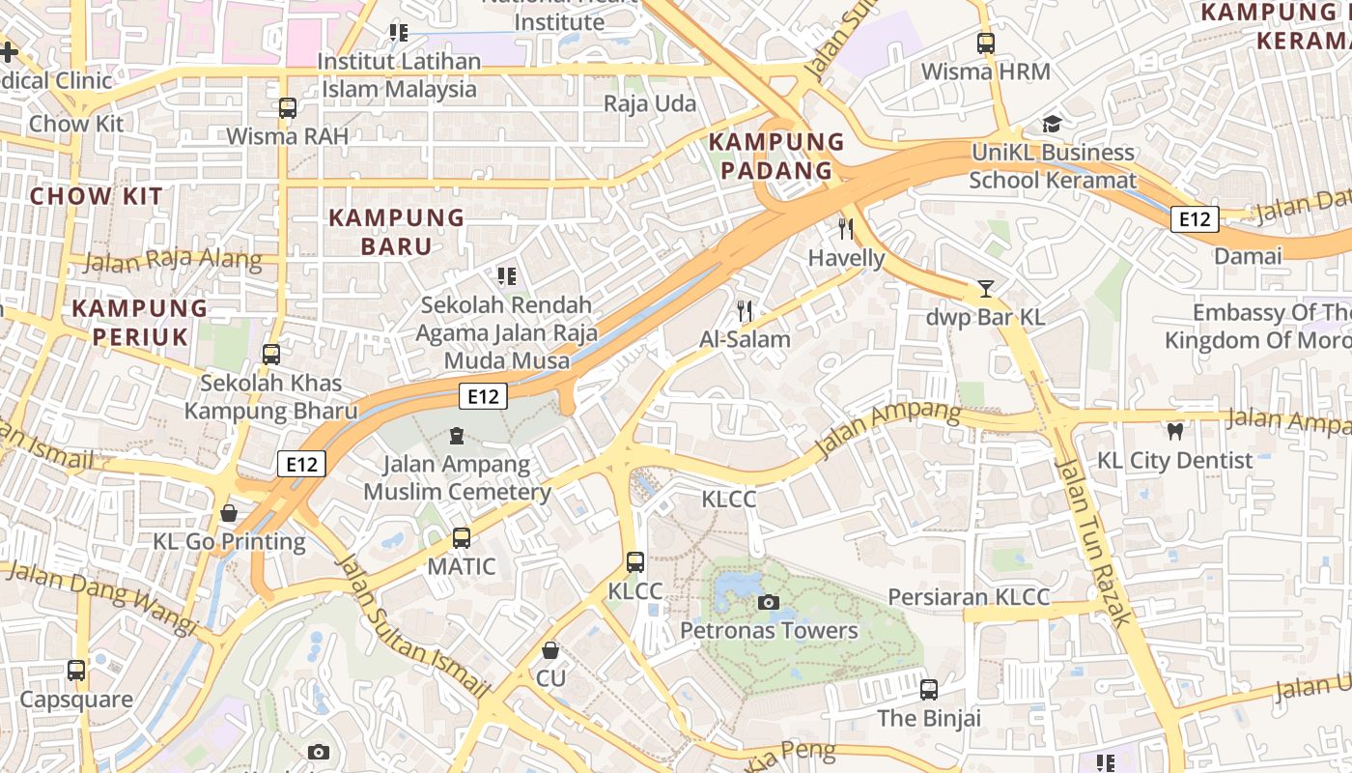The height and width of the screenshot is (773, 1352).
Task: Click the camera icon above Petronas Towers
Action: (x=769, y=603)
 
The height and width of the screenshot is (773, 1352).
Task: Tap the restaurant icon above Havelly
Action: (x=846, y=229)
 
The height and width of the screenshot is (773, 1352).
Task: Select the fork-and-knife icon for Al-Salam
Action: (x=744, y=311)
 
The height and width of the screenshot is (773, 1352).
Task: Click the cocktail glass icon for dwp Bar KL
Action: (x=985, y=288)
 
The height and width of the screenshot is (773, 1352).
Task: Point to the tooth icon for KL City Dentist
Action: (x=1175, y=432)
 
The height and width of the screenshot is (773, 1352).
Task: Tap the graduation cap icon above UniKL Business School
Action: (x=1052, y=124)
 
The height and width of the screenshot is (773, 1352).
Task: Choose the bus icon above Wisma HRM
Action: (x=985, y=43)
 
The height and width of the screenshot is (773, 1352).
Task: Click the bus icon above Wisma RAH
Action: (x=288, y=107)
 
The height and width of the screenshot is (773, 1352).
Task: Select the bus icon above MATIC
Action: (x=462, y=537)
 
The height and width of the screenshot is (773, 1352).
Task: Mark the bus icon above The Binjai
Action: (x=928, y=689)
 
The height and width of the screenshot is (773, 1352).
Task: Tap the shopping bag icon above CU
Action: (x=549, y=650)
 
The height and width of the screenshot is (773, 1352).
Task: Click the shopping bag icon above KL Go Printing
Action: (x=229, y=512)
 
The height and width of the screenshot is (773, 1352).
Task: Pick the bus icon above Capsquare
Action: (x=76, y=670)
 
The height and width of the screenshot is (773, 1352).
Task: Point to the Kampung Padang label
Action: (x=771, y=157)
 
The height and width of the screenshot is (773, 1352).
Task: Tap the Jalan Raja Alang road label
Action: (x=173, y=260)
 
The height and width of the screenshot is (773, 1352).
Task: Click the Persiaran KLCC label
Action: (x=968, y=596)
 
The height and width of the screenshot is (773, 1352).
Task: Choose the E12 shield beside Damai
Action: (x=1195, y=219)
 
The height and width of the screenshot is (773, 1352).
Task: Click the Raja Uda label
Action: (x=650, y=103)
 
